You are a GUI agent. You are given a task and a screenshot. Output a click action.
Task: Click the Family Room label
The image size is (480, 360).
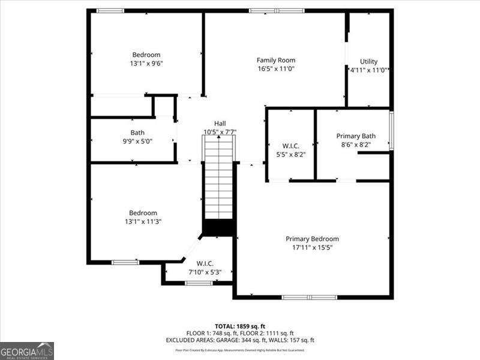coord(276,60)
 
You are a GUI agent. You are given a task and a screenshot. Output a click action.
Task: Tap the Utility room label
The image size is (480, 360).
coord(368,61)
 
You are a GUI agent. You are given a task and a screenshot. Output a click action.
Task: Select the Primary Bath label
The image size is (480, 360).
coord(356,136)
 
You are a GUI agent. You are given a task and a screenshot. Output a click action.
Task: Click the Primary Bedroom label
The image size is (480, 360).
coord(312,238)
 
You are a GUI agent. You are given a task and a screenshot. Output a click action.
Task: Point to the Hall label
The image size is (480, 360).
coord(220,123)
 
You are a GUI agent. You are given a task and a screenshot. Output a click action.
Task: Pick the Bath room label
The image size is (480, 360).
coord(137,133)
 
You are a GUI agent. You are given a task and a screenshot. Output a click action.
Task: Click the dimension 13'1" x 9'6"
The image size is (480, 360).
coord(146,63)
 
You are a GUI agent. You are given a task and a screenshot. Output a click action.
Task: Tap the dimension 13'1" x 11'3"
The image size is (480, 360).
coord(143,221)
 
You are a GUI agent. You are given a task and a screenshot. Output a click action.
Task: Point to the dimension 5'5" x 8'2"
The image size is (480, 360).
coord(290,154)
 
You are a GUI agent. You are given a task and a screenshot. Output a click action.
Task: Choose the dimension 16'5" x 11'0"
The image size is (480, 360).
coord(276,68)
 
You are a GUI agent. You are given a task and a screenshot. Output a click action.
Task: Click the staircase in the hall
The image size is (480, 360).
coord(218,180)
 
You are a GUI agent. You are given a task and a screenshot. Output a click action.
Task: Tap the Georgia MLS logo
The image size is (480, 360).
coord(27,350)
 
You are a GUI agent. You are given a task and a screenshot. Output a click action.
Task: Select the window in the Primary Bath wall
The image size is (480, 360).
coord(391,130)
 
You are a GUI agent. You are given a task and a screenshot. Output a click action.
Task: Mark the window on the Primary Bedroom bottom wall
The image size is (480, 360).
coord(310,297)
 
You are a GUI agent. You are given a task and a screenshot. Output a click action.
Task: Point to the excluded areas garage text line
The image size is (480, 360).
coord(240,340)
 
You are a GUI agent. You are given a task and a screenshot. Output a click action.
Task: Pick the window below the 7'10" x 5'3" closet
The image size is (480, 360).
coord(199,283)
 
